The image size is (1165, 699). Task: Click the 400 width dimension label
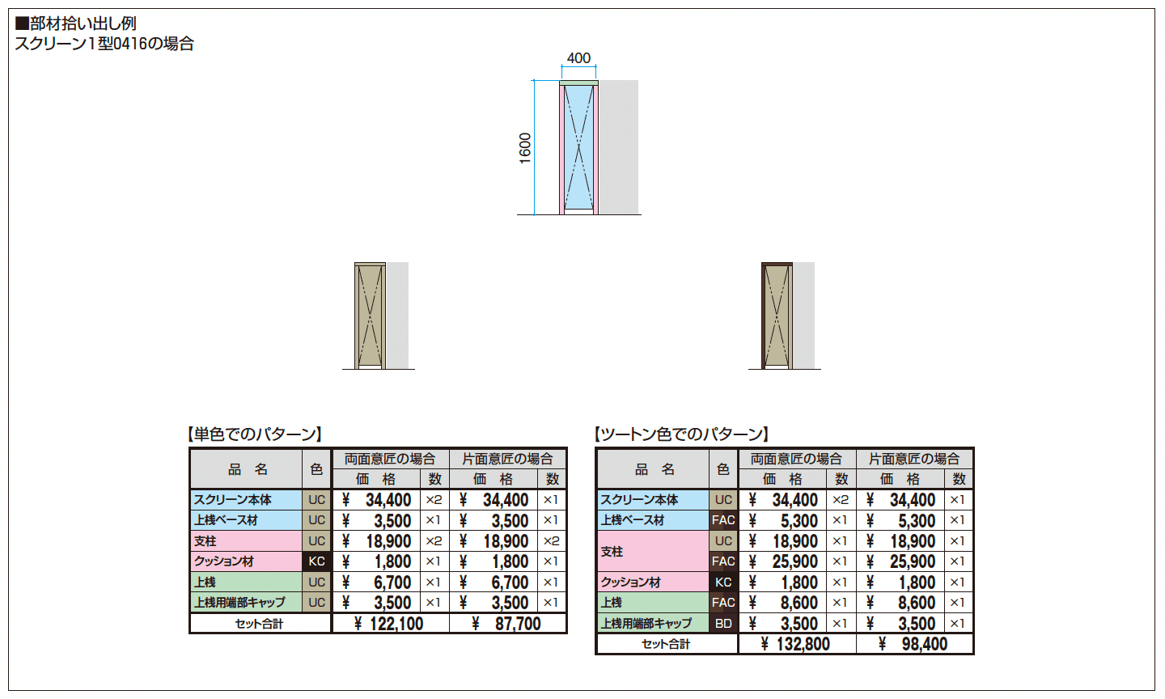(x=578, y=57)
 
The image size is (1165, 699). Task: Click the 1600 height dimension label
(x=525, y=148)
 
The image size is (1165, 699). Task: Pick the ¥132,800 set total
(x=795, y=644)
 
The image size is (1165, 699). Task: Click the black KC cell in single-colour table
(x=316, y=561)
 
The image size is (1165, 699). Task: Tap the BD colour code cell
(x=723, y=623)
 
